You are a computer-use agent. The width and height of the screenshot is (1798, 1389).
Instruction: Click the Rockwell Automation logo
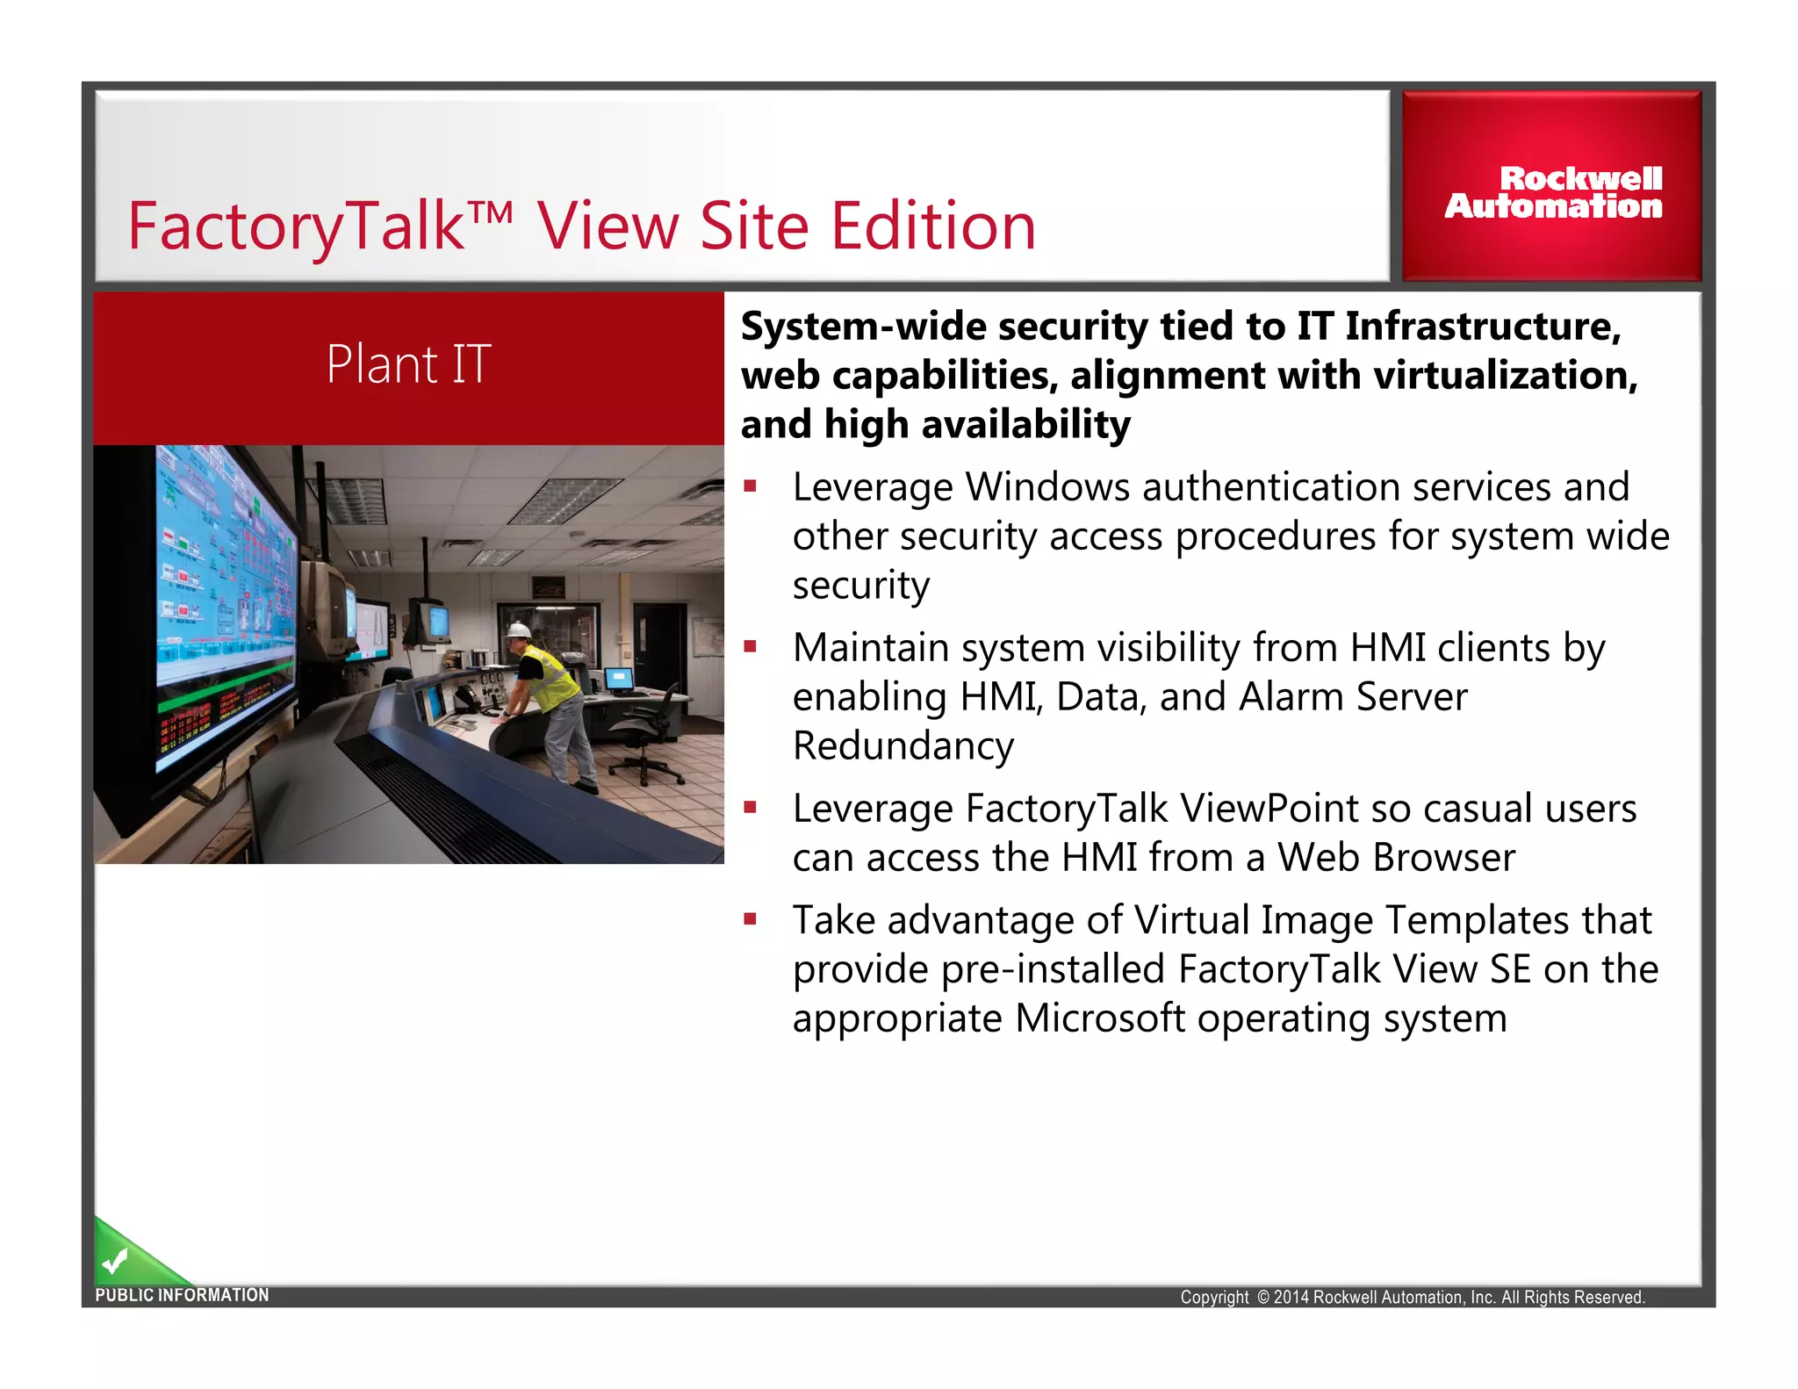[x=1553, y=192]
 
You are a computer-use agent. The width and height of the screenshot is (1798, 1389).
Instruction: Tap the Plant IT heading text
[x=408, y=364]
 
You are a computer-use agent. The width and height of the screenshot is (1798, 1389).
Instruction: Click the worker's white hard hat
[x=519, y=630]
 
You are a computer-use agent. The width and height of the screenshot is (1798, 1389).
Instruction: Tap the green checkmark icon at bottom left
[x=115, y=1263]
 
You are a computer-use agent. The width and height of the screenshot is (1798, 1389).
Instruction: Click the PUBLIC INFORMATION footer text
[x=182, y=1295]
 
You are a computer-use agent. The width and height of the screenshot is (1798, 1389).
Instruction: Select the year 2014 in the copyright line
[x=1291, y=1297]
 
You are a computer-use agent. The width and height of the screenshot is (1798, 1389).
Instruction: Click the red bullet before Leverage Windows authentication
[x=750, y=486]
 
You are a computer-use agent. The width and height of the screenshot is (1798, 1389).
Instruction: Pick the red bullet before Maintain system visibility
[x=750, y=647]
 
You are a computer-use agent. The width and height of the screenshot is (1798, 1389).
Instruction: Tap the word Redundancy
[x=903, y=746]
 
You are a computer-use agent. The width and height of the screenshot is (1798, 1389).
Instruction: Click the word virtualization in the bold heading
[x=1505, y=376]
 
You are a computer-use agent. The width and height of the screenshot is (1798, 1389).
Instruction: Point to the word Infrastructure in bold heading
[x=1482, y=327]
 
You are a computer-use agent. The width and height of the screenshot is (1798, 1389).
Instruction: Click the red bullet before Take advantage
[x=750, y=919]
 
